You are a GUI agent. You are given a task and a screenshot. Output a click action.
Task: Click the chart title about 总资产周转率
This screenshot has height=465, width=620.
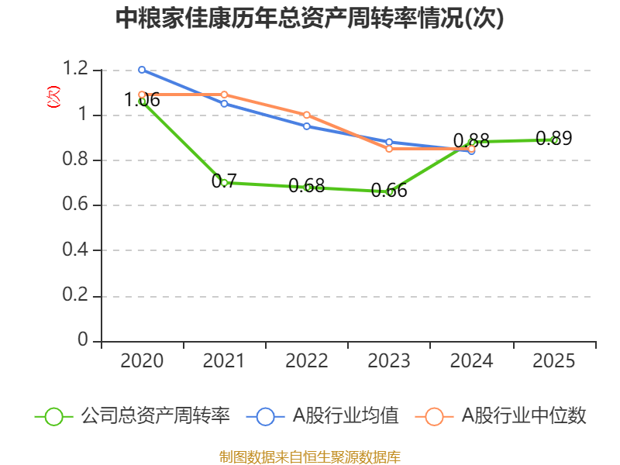coord(310,19)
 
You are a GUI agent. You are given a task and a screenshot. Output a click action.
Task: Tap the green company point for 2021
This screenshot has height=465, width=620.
coord(225,183)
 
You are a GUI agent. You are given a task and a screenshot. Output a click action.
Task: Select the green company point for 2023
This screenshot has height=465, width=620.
coord(390,191)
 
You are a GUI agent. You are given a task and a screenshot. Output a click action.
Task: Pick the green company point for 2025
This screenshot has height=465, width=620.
coord(554,140)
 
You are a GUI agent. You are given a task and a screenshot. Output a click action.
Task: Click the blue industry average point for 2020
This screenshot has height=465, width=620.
coord(142,70)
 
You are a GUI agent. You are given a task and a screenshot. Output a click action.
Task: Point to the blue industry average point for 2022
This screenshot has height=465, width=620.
coord(307,126)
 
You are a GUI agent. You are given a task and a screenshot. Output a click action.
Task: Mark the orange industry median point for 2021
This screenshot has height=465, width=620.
coord(225,95)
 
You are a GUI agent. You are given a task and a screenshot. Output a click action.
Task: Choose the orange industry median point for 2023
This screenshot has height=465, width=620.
coord(390,148)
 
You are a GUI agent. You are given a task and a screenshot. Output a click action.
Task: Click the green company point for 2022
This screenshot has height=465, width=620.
coord(307,187)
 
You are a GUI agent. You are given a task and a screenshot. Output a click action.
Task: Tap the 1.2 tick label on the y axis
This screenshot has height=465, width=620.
coord(77,70)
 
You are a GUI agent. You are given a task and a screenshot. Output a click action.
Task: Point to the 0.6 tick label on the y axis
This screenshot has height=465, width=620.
coord(77,205)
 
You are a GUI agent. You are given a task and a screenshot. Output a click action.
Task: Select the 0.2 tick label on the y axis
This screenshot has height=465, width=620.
coord(77,296)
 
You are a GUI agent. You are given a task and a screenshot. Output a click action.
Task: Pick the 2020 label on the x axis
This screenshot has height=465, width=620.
coord(142,361)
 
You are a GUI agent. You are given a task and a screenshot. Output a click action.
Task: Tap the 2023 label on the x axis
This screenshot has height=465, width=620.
coord(390,361)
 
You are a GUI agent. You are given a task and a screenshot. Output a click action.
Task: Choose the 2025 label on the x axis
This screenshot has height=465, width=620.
coord(554,361)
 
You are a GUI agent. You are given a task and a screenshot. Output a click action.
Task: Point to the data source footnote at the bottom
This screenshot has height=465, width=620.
coord(310,456)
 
